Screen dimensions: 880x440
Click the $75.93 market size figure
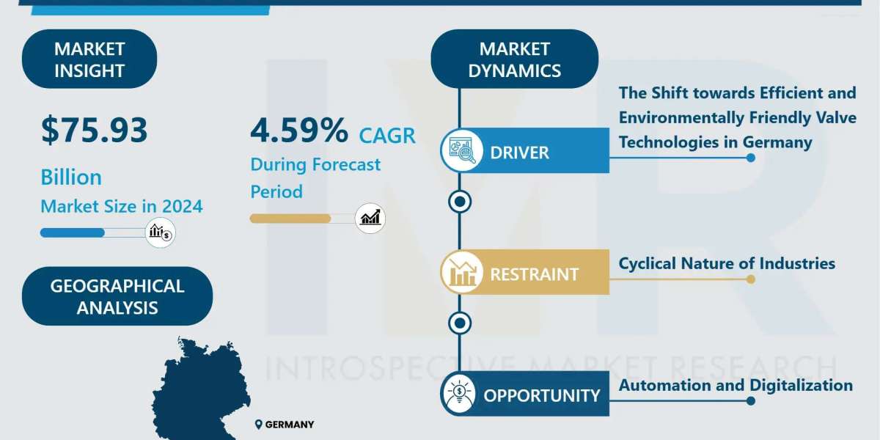(x=95, y=131)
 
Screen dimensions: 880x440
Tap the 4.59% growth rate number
(x=299, y=130)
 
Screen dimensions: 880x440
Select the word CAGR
(x=387, y=136)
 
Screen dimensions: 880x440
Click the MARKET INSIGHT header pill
(x=89, y=59)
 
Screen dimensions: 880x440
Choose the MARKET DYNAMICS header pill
(x=515, y=59)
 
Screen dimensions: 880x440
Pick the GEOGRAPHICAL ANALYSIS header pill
(x=117, y=296)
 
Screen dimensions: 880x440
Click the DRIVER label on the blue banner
(x=519, y=153)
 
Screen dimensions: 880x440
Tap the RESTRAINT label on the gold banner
(x=535, y=274)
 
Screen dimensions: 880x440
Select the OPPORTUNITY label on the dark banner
(x=542, y=395)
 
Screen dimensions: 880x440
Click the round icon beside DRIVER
(x=462, y=150)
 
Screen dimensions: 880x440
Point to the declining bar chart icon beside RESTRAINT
(x=462, y=272)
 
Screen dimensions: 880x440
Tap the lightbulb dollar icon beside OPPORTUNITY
(x=460, y=394)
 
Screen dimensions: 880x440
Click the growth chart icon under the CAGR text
(x=370, y=219)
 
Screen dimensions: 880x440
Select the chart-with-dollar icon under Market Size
(x=161, y=232)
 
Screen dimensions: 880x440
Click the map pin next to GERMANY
(x=258, y=425)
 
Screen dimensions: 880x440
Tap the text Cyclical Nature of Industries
(x=727, y=263)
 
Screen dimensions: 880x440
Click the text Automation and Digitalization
(x=736, y=386)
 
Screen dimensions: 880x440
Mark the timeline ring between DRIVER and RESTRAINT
(x=460, y=202)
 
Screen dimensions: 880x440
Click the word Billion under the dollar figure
(x=71, y=177)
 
